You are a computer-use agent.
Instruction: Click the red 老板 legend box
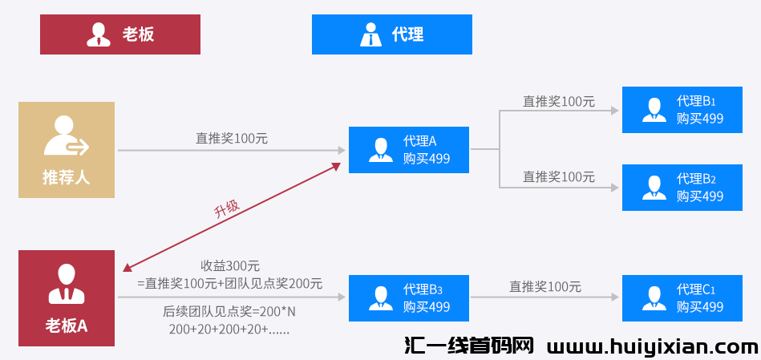[x=120, y=34]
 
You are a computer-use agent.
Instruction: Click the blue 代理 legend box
[x=391, y=34]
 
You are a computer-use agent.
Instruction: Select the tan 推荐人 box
[x=67, y=150]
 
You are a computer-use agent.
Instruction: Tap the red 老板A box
[x=67, y=298]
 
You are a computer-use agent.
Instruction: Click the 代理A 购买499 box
[x=408, y=150]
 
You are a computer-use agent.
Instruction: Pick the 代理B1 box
[x=682, y=110]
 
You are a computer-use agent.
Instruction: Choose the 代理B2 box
[x=682, y=188]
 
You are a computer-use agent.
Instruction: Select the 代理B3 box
[x=408, y=297]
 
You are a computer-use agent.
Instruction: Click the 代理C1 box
[x=682, y=297]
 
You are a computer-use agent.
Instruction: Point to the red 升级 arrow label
[x=226, y=210]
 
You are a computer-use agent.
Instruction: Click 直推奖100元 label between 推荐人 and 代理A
[x=232, y=139]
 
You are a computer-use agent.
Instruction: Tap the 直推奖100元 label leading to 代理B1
[x=559, y=102]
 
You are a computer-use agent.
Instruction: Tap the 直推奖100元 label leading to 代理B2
[x=559, y=176]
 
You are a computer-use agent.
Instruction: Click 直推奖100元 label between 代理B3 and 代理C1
[x=545, y=286]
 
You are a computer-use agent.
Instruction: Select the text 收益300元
[x=230, y=266]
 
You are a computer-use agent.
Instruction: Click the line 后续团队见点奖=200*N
[x=229, y=311]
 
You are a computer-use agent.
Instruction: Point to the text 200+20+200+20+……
[x=229, y=329]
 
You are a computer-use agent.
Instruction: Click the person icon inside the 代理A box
[x=380, y=150]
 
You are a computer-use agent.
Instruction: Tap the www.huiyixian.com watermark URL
[x=652, y=346]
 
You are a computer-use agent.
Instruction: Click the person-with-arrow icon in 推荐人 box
[x=65, y=136]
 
